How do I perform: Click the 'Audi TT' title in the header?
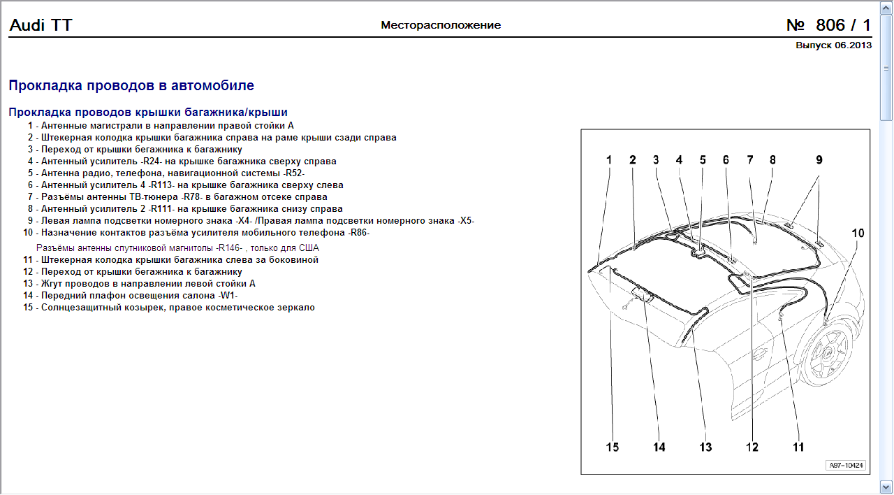(41, 26)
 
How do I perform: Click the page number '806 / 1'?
(829, 26)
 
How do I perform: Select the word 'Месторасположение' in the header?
(441, 25)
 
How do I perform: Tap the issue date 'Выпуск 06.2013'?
(833, 45)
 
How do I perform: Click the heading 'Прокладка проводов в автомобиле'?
(131, 85)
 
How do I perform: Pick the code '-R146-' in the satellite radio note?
(231, 247)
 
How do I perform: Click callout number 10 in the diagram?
(857, 233)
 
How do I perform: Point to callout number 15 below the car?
(612, 447)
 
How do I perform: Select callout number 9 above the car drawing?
(819, 160)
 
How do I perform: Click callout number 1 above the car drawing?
(609, 160)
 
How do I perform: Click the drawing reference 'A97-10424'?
(846, 465)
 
